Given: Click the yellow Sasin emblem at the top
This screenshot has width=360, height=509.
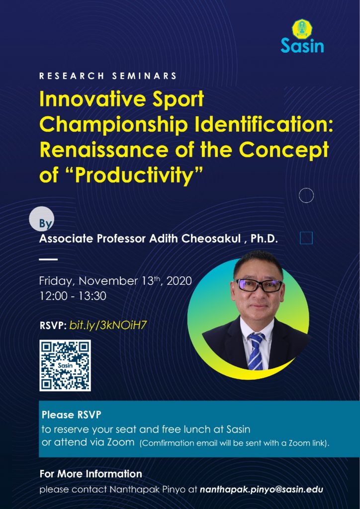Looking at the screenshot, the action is [x=302, y=29].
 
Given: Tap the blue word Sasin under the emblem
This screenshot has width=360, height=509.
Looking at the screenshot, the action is [x=302, y=45].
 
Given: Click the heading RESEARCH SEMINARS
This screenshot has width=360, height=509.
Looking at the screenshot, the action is [x=108, y=76].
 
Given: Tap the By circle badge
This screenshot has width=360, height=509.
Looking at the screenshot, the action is [x=42, y=221].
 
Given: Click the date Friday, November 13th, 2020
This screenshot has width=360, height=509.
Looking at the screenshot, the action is [x=115, y=281].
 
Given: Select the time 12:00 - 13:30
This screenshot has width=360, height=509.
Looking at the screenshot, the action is [x=73, y=296].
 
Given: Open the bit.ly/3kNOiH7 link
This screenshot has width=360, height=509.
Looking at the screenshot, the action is [x=106, y=326].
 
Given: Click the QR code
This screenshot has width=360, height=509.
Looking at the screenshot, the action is [x=65, y=365].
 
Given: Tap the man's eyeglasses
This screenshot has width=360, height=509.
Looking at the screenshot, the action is [x=259, y=285].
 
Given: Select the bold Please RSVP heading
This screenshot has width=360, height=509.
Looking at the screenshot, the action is [x=72, y=415].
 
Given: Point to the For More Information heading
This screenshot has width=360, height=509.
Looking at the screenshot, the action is [x=91, y=474].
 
